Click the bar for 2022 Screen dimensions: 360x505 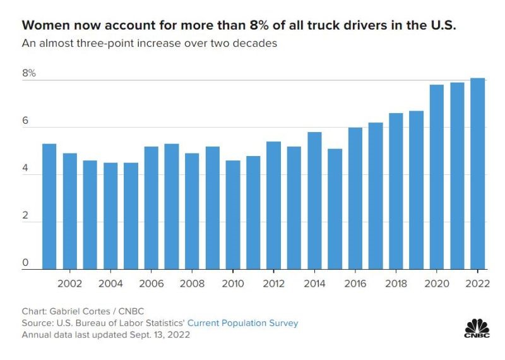pos(477,174)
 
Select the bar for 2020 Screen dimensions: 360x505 pos(437,177)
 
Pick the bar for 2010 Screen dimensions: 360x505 pos(233,215)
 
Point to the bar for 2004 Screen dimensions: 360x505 pos(110,216)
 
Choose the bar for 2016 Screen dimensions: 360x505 pos(355,198)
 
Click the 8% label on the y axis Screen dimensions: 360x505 pos(29,73)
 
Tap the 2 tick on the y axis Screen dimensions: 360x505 pos(26,215)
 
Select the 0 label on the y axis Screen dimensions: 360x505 pos(26,263)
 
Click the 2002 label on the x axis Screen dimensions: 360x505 pos(69,284)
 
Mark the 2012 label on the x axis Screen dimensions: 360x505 pos(273,284)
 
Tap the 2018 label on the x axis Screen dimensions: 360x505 pos(396,284)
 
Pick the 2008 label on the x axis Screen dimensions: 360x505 pos(192,284)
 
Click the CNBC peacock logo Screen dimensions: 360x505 pos(477,328)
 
